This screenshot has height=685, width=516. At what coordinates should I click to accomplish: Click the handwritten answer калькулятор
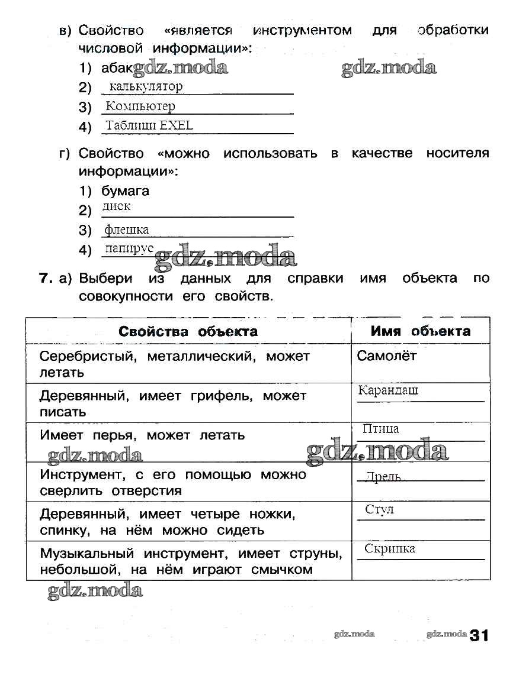click(146, 86)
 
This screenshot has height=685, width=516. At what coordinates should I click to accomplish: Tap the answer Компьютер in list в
click(140, 106)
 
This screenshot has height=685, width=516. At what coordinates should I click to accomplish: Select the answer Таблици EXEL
click(149, 125)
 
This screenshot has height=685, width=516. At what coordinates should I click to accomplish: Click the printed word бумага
click(125, 191)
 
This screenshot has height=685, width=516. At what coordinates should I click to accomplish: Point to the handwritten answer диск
click(116, 206)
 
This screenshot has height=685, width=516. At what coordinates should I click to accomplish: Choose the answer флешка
click(126, 230)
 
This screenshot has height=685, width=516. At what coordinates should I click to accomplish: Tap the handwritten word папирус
click(129, 248)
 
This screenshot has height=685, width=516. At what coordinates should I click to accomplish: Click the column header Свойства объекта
click(188, 331)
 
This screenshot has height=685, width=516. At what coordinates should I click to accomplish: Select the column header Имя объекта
click(420, 331)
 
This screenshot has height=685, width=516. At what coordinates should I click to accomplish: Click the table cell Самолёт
click(387, 356)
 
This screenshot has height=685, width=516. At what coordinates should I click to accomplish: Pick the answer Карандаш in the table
click(388, 390)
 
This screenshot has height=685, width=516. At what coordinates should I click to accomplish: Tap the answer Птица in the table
click(380, 429)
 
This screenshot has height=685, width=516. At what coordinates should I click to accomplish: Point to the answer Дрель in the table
click(383, 477)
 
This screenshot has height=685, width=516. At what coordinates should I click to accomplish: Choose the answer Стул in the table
click(380, 509)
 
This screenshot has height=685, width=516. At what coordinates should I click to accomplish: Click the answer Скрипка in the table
click(389, 548)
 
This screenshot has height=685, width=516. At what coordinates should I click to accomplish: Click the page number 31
click(480, 636)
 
